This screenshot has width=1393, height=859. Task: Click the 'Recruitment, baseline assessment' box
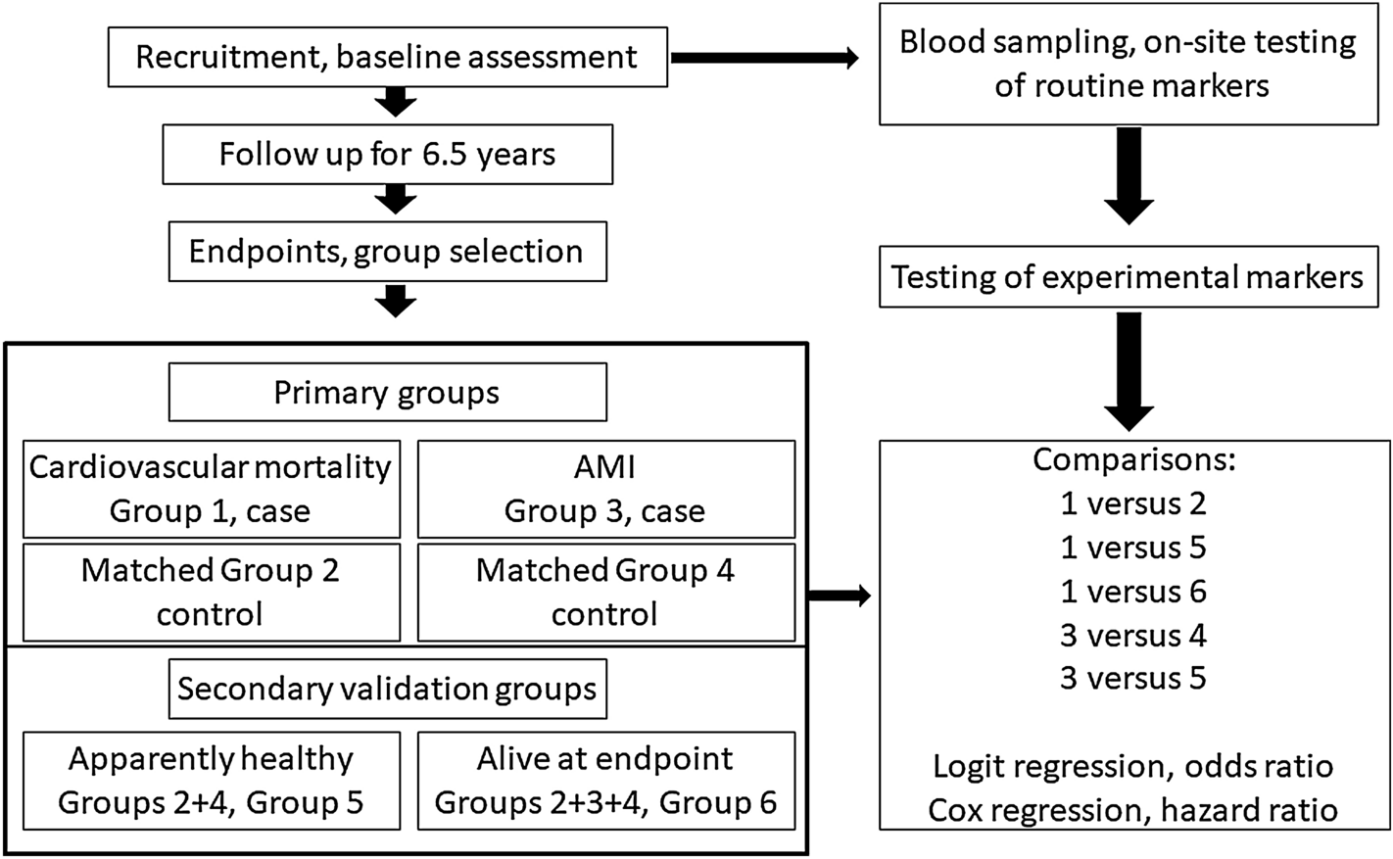point(387,57)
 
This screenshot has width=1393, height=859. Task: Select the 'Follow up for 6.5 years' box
point(387,155)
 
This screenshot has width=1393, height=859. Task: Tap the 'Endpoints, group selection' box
point(387,252)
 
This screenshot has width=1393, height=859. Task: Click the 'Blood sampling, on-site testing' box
point(1129,64)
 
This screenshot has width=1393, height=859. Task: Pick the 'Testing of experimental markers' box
point(1129,277)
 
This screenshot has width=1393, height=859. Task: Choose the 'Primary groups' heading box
point(387,393)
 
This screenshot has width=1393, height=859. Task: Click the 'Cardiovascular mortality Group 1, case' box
point(211,489)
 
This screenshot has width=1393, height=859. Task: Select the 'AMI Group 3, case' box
point(605,489)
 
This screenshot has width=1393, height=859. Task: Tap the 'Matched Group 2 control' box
point(211,592)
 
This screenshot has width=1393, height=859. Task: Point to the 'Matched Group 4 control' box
point(605,592)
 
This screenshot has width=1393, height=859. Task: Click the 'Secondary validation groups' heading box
point(387,689)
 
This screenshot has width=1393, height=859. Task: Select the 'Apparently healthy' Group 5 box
point(211,781)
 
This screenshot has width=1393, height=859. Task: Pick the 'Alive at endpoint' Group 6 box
point(605,781)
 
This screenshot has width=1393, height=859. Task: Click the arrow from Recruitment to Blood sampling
point(764,59)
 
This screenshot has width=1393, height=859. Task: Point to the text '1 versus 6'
point(1133,592)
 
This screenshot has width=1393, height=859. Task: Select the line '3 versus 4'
point(1133,636)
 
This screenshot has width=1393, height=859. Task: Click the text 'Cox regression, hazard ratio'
point(1133,811)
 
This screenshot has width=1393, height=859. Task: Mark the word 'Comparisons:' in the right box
point(1133,459)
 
